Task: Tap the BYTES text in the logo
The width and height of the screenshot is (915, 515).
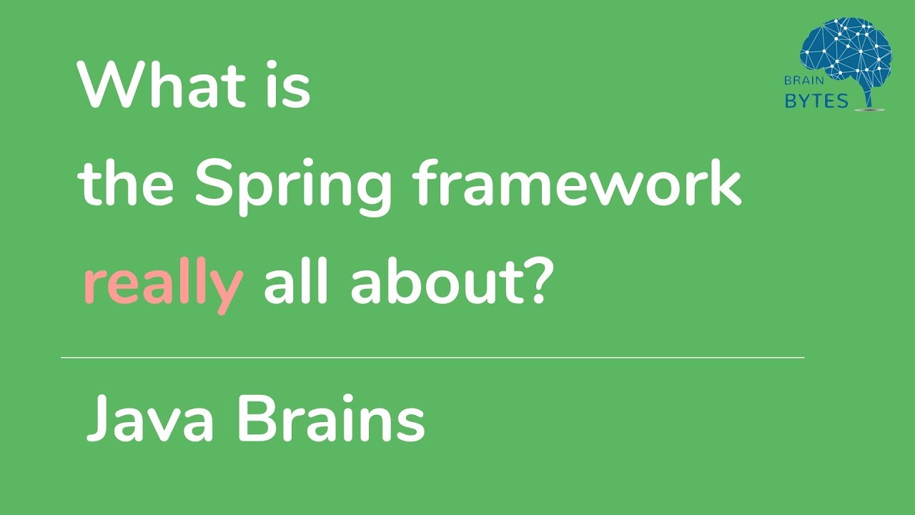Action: tap(816, 101)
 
